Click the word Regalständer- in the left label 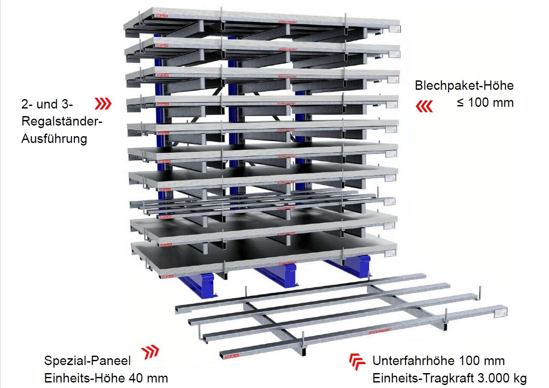[62, 121]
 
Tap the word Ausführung [54, 139]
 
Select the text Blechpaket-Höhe [464, 86]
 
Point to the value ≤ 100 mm [485, 103]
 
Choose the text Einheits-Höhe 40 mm [106, 378]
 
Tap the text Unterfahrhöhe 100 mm [438, 361]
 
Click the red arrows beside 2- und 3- [103, 103]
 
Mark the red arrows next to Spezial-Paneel [150, 352]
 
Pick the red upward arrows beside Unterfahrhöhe [357, 362]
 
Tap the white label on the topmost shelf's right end [394, 29]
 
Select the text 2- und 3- [47, 104]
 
